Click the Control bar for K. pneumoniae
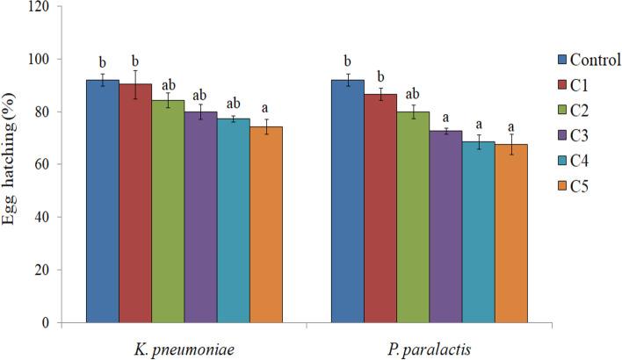click(102, 201)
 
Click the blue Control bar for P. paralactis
click(348, 201)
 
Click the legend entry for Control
click(588, 61)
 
